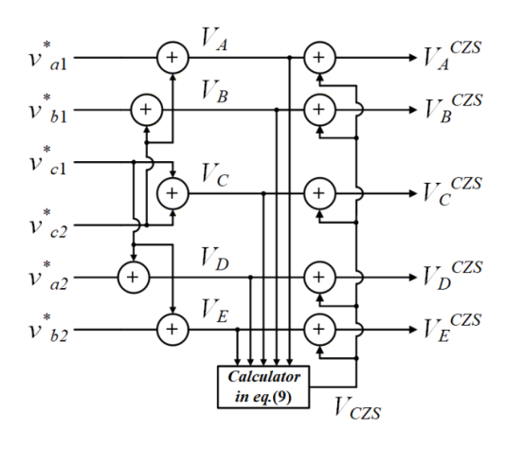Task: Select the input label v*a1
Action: pos(47,57)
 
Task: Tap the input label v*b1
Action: pos(47,109)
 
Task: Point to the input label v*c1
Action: pos(47,161)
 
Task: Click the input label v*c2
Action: pos(47,225)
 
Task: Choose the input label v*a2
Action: pos(47,277)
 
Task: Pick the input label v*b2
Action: pos(47,329)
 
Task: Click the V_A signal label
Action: pos(214,40)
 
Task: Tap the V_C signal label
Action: pos(215,175)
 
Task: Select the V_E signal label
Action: pos(214,311)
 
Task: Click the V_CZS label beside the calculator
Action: pos(357,408)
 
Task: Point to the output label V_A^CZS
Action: pos(452,56)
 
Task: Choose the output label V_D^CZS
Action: pos(453,275)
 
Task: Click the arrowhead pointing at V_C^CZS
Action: pos(413,193)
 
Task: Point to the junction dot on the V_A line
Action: pos(289,58)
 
